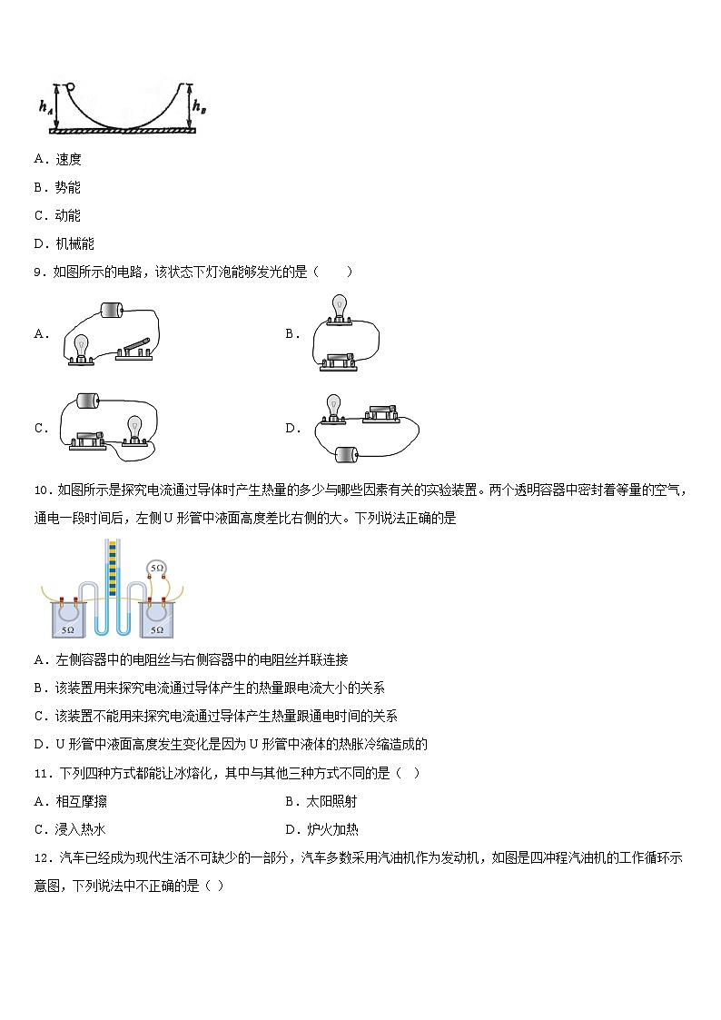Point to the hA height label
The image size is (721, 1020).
tap(44, 106)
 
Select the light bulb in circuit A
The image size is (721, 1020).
tap(81, 349)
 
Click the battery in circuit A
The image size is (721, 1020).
tap(112, 311)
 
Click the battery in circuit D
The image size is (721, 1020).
tap(347, 453)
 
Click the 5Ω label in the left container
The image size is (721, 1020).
tap(67, 629)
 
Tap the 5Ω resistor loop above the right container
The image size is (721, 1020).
tap(157, 568)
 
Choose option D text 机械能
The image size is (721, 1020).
tap(74, 243)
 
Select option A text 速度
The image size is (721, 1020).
tap(68, 159)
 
